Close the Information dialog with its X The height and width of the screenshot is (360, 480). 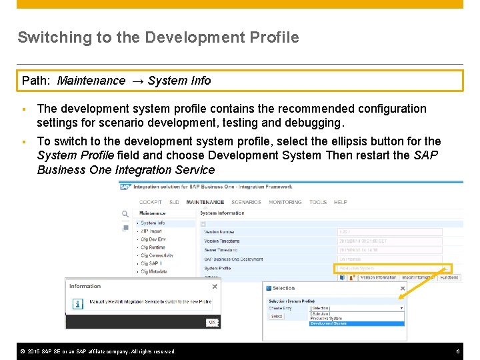(x=215, y=287)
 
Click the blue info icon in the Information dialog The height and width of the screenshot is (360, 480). (x=77, y=303)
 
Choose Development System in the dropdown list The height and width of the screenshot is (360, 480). (x=329, y=323)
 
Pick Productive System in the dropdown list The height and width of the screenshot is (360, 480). (x=327, y=319)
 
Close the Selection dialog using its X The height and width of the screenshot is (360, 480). (x=402, y=288)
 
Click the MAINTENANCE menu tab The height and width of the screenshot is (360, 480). (x=205, y=202)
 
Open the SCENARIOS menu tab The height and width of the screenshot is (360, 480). (x=246, y=202)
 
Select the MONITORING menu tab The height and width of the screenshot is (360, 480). (x=285, y=202)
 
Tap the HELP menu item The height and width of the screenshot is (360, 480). (x=340, y=202)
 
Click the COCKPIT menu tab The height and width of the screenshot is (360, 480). (x=150, y=202)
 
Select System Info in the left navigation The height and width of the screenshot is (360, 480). (x=153, y=223)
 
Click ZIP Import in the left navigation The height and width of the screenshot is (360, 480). (x=152, y=231)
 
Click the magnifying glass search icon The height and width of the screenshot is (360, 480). (x=125, y=214)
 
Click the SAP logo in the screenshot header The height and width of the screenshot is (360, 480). (x=124, y=187)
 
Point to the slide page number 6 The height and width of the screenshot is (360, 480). (x=458, y=351)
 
